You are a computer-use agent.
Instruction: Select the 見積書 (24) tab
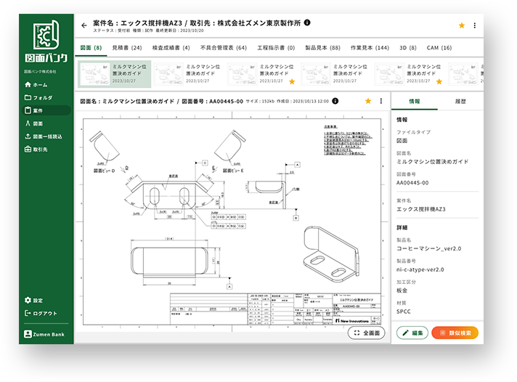coord(126,48)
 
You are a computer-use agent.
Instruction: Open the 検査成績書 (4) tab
coord(171,48)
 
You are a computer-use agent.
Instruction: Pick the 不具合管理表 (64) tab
coord(223,48)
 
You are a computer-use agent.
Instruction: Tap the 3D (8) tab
coord(407,48)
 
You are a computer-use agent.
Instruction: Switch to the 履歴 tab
coord(460,102)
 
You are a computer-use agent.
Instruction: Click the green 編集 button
coord(412,333)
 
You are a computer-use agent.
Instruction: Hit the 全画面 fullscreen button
coord(367,333)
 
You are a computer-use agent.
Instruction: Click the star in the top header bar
coord(462,25)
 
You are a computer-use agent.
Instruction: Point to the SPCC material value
coord(404,312)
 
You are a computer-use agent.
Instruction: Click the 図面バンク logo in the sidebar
coord(46,41)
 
